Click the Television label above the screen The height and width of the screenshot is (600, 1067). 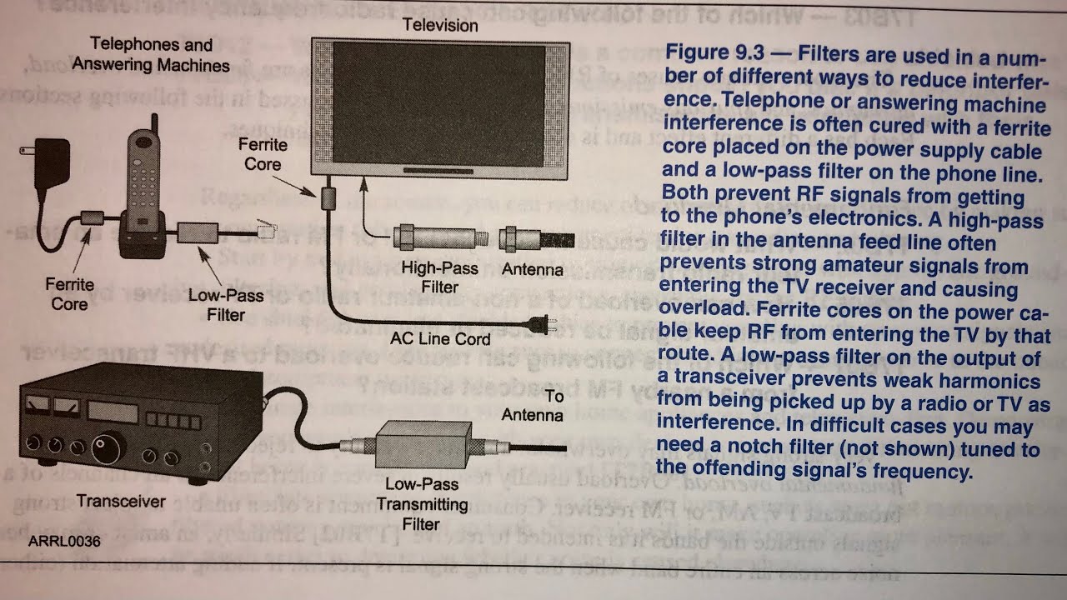coord(440,25)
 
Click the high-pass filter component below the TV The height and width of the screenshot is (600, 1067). coord(439,240)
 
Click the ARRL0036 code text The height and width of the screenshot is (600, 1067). coord(64,542)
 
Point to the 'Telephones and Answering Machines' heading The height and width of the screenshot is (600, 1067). coord(151,54)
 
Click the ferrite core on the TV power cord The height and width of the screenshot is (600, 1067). coord(328,198)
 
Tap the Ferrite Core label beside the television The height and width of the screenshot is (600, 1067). coord(263,154)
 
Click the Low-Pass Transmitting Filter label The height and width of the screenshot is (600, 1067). coord(421,503)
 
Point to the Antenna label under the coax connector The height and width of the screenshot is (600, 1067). coord(533,270)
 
